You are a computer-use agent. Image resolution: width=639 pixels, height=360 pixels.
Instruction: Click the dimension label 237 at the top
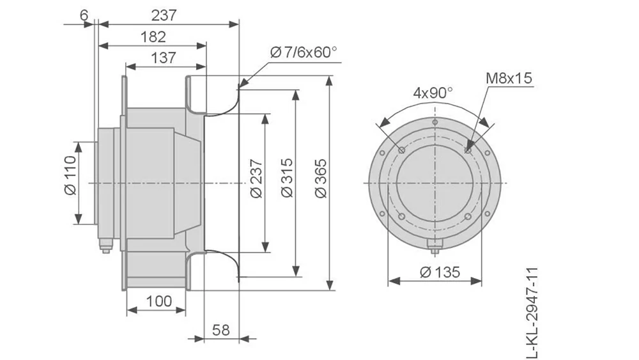(x=164, y=14)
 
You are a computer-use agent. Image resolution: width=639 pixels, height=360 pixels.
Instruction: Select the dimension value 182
(x=153, y=36)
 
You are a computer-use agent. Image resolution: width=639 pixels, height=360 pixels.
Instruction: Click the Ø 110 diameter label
(x=70, y=182)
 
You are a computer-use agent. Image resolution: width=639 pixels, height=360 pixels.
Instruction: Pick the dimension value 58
(x=220, y=330)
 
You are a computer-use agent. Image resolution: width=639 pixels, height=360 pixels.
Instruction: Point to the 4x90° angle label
(x=433, y=92)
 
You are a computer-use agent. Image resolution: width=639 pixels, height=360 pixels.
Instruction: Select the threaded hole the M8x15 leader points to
(x=469, y=150)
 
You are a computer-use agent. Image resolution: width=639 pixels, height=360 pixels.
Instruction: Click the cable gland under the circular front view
(x=435, y=244)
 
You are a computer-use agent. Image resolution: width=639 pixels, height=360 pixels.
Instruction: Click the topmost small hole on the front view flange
(x=435, y=122)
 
